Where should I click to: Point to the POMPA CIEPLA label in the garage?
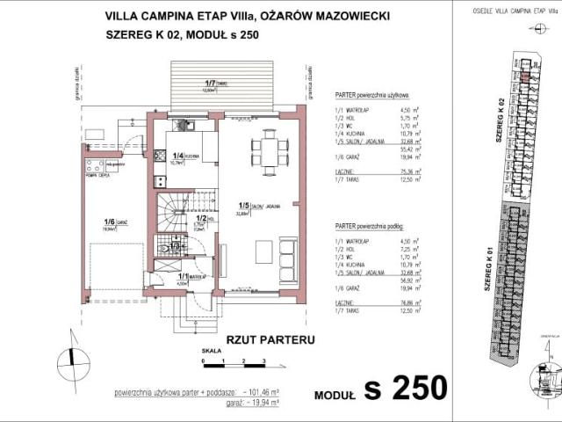96,175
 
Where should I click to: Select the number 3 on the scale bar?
263,360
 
